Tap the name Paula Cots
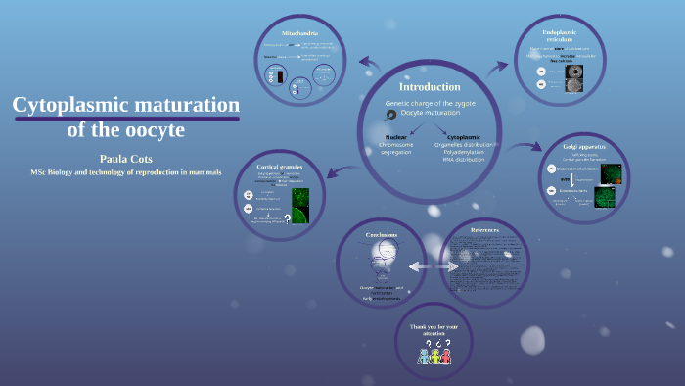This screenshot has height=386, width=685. click(x=126, y=158)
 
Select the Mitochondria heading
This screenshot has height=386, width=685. click(x=300, y=32)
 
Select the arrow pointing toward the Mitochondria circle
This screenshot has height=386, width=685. click(x=369, y=64)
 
